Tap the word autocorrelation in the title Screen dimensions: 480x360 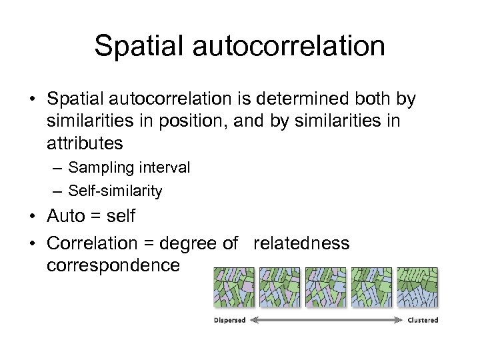288,46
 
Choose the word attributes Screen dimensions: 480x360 85,143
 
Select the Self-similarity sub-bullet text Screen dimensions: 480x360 115,191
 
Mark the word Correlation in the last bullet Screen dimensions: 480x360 92,243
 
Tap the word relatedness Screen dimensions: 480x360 301,243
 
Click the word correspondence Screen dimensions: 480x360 113,265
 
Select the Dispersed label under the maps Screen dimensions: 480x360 229,321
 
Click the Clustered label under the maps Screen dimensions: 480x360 423,321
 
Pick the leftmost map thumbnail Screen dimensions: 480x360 233,288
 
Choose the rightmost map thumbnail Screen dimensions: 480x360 417,288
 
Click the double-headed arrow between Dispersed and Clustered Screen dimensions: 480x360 326,321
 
